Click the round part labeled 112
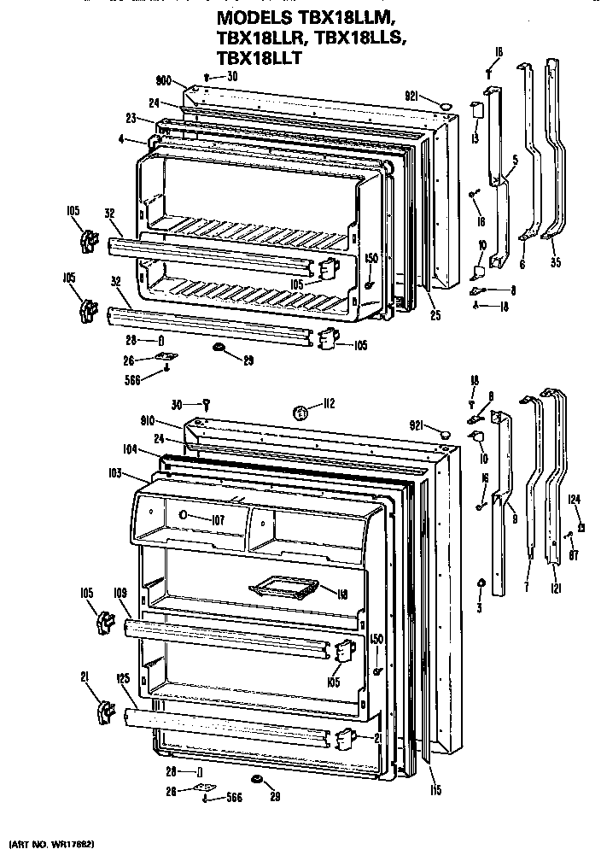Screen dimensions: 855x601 [300, 413]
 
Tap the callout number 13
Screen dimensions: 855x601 [475, 139]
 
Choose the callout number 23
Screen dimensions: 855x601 [131, 119]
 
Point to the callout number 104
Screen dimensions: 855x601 [130, 448]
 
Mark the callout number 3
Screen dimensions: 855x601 [480, 607]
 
